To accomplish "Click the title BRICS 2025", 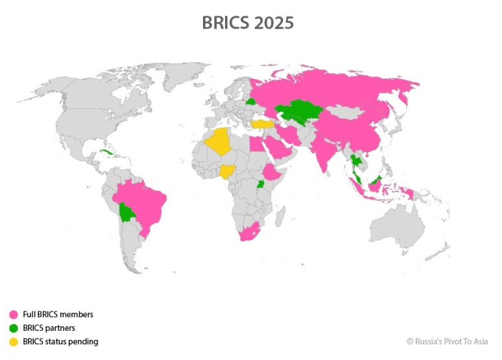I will pos(248,23).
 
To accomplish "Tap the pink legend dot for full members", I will pos(13,315).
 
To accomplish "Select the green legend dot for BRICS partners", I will pos(13,328).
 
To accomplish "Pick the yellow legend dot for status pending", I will pos(13,341).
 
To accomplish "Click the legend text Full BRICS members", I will pos(58,315).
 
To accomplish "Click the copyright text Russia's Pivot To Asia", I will pos(447,341).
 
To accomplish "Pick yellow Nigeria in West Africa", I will pos(227,171).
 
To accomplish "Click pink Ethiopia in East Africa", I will pos(271,173).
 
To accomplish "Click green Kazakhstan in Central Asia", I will pos(299,112).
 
